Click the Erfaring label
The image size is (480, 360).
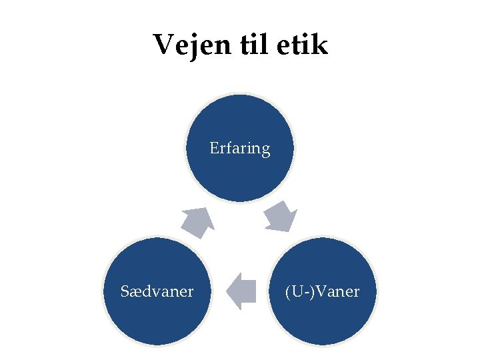point(240,148)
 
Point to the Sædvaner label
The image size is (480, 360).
point(157,291)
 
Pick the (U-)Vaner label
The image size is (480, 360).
point(322,291)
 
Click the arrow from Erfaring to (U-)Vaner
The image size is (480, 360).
point(281,217)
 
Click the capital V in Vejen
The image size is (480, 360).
point(163,45)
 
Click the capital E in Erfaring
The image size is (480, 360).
point(214,147)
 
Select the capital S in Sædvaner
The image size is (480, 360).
point(125,291)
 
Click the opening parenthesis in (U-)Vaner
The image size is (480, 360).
point(287,292)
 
